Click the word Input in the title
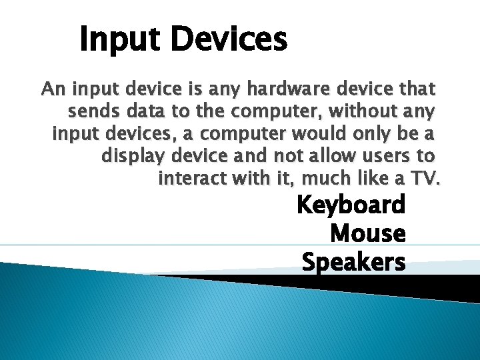[x=118, y=39]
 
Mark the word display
[x=132, y=156]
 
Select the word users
[x=397, y=156]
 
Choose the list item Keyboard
[x=351, y=205]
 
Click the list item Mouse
[x=367, y=233]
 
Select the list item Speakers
[x=353, y=262]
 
